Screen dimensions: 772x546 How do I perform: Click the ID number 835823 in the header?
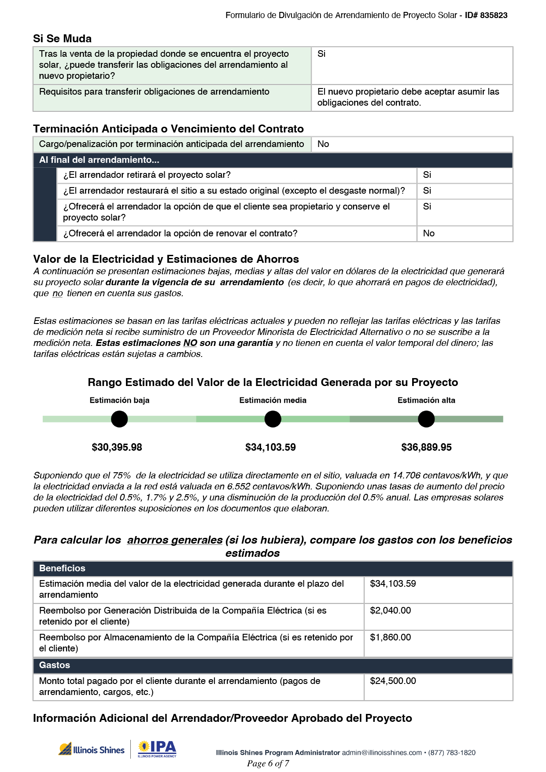pyautogui.click(x=494, y=15)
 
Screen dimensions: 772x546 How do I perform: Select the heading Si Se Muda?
pyautogui.click(x=62, y=39)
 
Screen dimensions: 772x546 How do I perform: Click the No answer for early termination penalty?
pyautogui.click(x=323, y=144)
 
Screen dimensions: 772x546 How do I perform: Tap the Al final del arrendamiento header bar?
pyautogui.click(x=273, y=160)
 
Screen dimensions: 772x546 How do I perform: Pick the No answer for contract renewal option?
pyautogui.click(x=428, y=234)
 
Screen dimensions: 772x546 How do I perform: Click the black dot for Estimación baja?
pyautogui.click(x=119, y=419)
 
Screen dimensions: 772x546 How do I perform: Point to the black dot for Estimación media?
pyautogui.click(x=273, y=419)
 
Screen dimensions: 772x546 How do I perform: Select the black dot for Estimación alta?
pyautogui.click(x=426, y=419)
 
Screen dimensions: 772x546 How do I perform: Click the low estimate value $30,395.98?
pyautogui.click(x=117, y=448)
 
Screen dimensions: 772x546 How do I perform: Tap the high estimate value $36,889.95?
pyautogui.click(x=426, y=448)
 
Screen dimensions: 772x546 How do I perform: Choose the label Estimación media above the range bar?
pyautogui.click(x=273, y=401)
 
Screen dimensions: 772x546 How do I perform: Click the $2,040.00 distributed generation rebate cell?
pyautogui.click(x=391, y=611)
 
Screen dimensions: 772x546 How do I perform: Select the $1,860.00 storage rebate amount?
pyautogui.click(x=391, y=638)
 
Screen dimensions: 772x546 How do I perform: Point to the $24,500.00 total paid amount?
pyautogui.click(x=393, y=681)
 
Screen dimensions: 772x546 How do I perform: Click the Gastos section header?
pyautogui.click(x=55, y=665)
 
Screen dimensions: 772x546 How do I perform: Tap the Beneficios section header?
pyautogui.click(x=62, y=569)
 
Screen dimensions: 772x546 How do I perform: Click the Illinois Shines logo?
pyautogui.click(x=92, y=750)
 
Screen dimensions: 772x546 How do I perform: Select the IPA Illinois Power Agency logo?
pyautogui.click(x=157, y=749)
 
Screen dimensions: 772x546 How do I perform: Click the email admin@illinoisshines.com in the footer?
pyautogui.click(x=382, y=753)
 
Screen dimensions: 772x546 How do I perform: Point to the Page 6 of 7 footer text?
pyautogui.click(x=268, y=764)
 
